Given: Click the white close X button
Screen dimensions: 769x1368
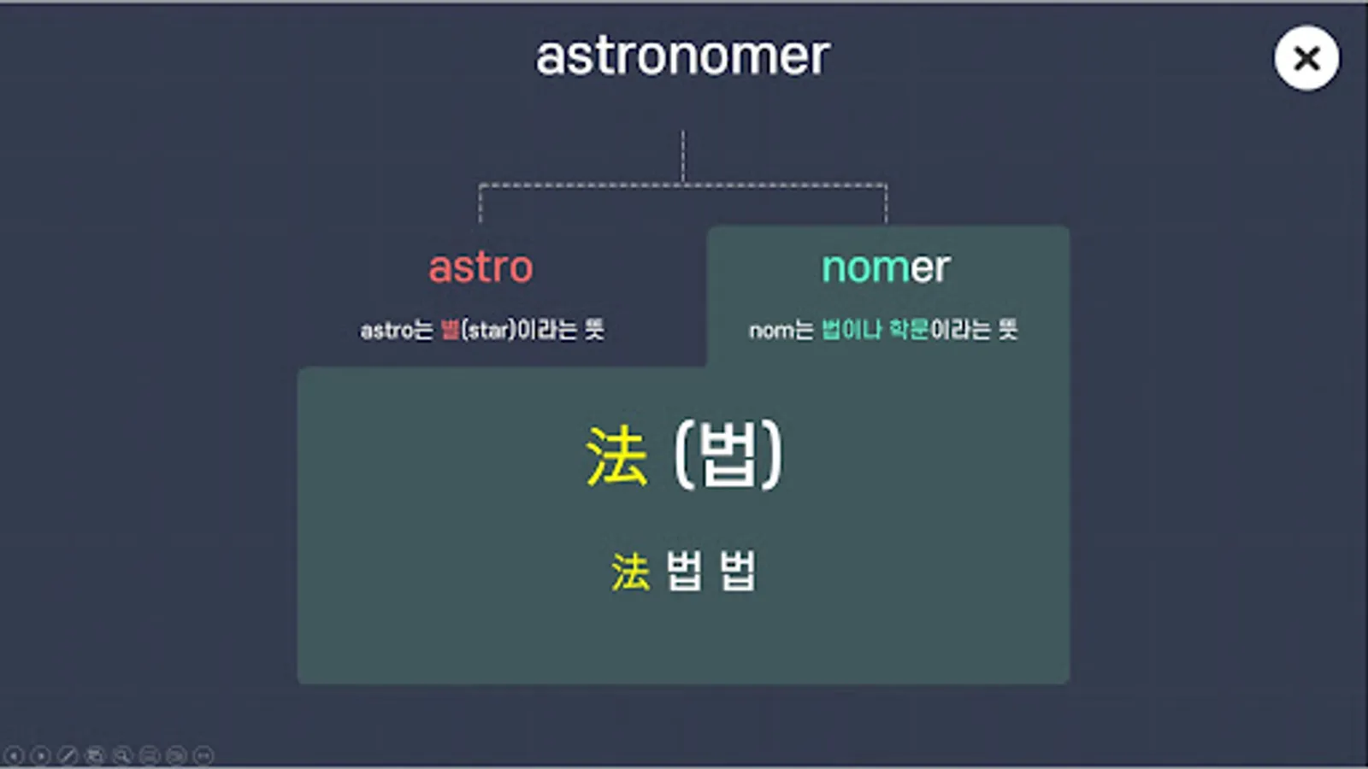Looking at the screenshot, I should point(1306,58).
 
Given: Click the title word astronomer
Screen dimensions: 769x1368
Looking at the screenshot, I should point(682,56).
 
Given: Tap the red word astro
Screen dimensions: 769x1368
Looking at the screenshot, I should point(481,267).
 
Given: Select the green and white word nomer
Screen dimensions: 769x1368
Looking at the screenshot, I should point(886,267).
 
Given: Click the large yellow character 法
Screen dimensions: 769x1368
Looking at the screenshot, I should point(616,455).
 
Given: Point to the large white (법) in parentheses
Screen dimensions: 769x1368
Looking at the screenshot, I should point(728,455).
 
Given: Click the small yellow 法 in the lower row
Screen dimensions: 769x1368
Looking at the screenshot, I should point(630,572).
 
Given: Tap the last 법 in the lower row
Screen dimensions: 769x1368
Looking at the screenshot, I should point(738,571).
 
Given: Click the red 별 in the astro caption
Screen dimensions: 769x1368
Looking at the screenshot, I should point(450,329).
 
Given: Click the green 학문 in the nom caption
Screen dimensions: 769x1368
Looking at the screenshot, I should point(908,329).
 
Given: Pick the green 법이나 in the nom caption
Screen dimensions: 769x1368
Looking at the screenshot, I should point(851,329).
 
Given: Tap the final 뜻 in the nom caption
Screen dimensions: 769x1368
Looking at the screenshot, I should point(1008,329).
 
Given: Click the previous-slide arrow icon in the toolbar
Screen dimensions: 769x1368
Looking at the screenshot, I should point(15,755).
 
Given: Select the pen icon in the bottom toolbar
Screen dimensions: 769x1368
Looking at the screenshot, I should point(68,755).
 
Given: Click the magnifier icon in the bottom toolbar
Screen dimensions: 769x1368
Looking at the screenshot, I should point(122,755).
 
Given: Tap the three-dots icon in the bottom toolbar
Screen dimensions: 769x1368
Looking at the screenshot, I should point(203,755).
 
